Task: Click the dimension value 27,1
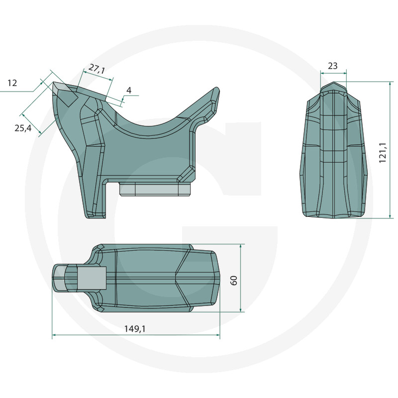click(97, 69)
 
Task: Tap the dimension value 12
click(12, 83)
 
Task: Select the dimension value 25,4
click(23, 128)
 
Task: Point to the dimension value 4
click(129, 90)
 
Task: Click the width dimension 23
click(332, 66)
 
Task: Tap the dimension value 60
click(234, 280)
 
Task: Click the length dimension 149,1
click(135, 329)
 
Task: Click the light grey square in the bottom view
click(92, 278)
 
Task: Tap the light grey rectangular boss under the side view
click(155, 189)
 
